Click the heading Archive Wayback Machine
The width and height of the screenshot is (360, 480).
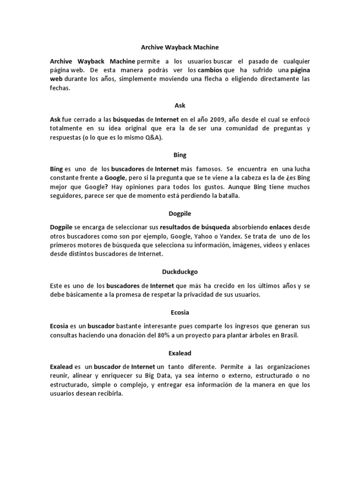coord(180,47)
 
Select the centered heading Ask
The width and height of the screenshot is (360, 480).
coord(180,105)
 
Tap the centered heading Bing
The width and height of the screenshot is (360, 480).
coord(180,154)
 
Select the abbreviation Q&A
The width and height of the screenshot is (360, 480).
coord(151,137)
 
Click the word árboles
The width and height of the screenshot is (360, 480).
coord(256,336)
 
